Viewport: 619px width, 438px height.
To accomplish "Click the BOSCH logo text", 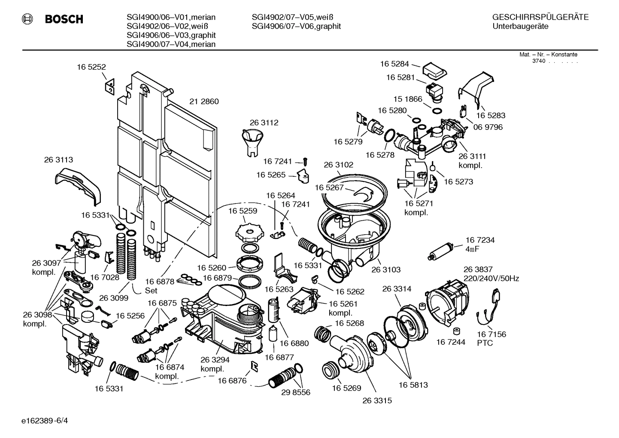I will [64, 19].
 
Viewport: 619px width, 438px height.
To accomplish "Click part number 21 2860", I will [204, 101].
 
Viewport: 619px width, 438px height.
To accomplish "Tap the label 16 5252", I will [91, 67].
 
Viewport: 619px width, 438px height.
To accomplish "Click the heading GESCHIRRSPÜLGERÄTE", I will [540, 17].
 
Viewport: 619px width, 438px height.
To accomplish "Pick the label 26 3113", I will [58, 159].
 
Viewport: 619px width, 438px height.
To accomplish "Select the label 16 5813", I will [413, 385].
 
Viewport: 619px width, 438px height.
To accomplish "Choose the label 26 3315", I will [377, 401].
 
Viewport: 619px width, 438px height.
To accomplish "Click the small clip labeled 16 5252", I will [110, 86].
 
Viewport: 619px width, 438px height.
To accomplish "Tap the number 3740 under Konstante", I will [538, 61].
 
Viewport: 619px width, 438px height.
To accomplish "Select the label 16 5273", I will [458, 182].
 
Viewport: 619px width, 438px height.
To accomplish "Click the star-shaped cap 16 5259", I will [249, 232].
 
